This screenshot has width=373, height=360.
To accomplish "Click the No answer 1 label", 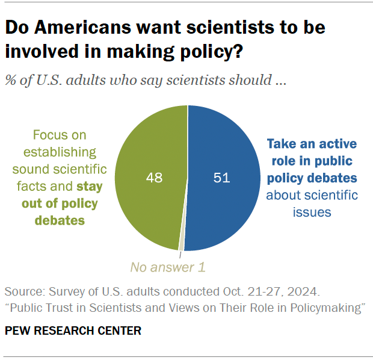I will click(164, 265).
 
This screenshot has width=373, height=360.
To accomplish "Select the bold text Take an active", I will click(312, 144).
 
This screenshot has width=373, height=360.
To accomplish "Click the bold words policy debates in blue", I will click(312, 178).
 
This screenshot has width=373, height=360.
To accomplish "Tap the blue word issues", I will click(312, 212).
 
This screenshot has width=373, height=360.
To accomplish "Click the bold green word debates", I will click(59, 220).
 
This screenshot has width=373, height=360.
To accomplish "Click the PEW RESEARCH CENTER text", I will click(73, 331).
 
